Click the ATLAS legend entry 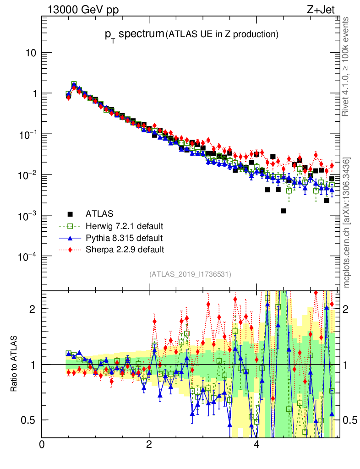[99, 213]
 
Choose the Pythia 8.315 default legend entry [124, 238]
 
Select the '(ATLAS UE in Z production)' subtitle [222, 34]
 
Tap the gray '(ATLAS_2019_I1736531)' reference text [190, 274]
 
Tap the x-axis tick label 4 [256, 444]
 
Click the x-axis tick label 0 [42, 444]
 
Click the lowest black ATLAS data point [284, 211]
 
